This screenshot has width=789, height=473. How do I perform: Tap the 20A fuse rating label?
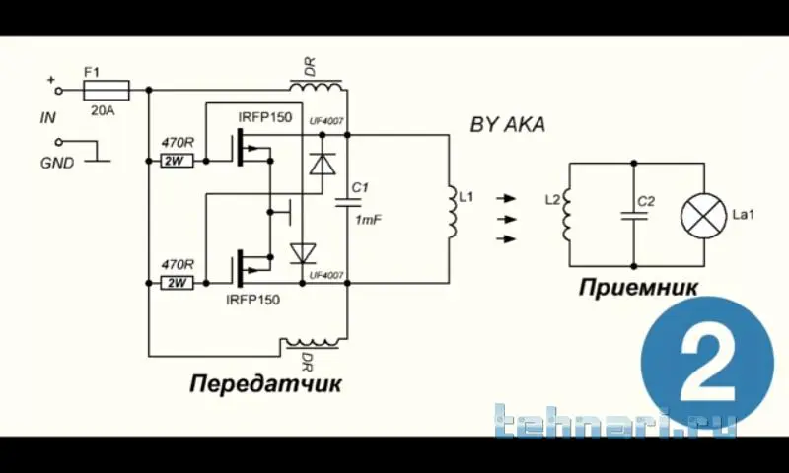[x=103, y=110]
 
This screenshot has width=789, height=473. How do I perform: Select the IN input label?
[x=47, y=117]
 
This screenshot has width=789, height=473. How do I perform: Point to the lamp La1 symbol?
[x=702, y=215]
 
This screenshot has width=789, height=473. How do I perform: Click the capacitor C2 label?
[x=645, y=201]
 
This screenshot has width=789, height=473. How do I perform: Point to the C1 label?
[x=360, y=187]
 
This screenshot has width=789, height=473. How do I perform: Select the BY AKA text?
[x=508, y=124]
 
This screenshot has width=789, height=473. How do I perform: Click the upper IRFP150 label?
[x=264, y=117]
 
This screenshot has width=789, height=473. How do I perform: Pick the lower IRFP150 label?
[x=252, y=297]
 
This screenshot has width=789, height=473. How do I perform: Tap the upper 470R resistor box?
[x=179, y=159]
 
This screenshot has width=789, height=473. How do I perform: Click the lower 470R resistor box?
[x=179, y=283]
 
